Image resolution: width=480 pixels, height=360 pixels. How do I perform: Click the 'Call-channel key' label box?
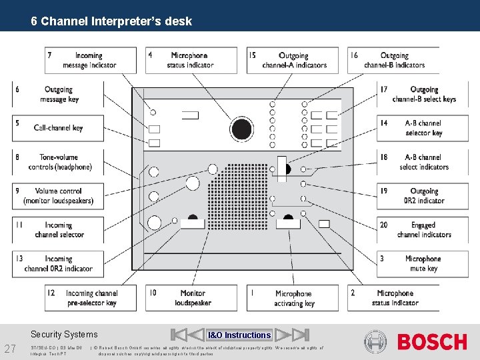tap(59, 128)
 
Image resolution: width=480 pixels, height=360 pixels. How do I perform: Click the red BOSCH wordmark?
tap(432, 342)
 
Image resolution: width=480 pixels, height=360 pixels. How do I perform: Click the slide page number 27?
tap(11, 348)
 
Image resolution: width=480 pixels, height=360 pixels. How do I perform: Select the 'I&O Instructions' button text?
tap(239, 335)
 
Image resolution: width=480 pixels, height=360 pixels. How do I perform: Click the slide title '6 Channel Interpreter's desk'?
tap(111, 21)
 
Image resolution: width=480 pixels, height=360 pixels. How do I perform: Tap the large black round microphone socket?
tap(241, 128)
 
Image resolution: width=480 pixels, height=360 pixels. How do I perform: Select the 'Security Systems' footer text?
tap(64, 335)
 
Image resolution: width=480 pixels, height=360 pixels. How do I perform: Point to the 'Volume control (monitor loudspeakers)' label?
tap(59, 195)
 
